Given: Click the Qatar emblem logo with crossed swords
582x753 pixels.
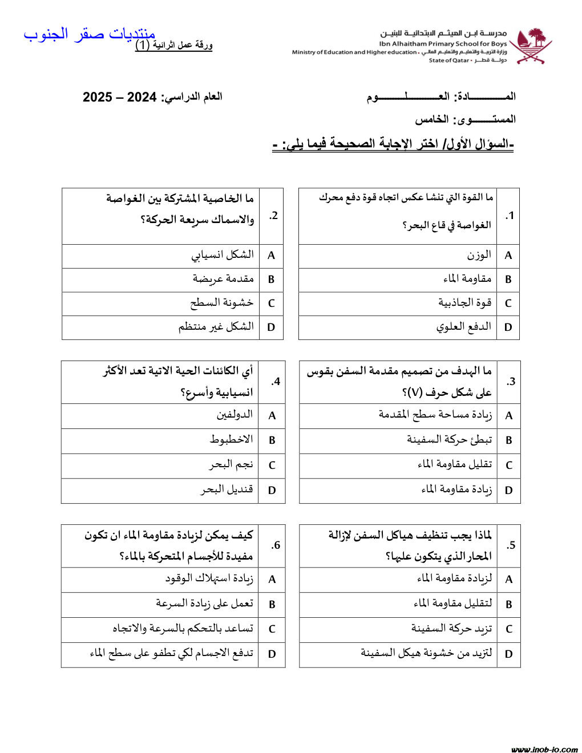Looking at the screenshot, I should point(531,46).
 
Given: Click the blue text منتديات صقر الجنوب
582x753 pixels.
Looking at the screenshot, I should point(90,34).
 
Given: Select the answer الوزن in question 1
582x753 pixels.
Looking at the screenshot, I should point(479,255).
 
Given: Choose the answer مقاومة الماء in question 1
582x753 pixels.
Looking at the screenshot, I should point(467,279).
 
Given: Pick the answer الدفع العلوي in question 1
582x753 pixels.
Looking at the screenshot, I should point(464,327).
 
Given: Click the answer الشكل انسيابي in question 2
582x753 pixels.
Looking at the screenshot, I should point(223,255).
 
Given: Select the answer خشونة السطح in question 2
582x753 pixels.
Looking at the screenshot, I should point(222,303).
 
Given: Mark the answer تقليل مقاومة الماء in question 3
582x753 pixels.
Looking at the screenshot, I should point(455,464).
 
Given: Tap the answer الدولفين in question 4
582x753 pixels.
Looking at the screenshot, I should point(235,415).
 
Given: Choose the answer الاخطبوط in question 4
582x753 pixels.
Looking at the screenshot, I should point(231,440).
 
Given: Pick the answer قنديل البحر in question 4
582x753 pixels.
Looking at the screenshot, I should point(227,489).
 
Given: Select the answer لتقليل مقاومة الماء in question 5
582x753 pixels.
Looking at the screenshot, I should point(452,604).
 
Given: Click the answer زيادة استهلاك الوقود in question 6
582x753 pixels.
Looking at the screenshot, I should point(209,579).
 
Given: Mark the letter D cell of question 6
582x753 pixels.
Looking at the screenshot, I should point(272,654).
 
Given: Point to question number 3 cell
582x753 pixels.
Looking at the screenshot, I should point(510,382).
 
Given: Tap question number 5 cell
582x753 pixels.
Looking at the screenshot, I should point(510,545).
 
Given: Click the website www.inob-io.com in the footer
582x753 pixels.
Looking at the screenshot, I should point(544,749).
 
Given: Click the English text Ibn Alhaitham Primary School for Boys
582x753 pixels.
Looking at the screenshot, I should point(443,43).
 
